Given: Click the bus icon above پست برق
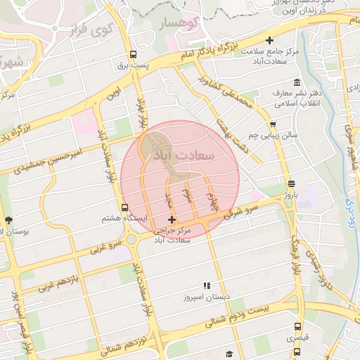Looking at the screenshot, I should click(132, 54).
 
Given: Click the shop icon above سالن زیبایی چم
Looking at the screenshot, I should click(272, 124).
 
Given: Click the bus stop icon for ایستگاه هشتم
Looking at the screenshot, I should click(124, 207).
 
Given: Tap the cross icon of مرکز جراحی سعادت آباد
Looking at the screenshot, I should click(172, 220).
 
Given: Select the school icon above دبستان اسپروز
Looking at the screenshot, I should click(207, 285).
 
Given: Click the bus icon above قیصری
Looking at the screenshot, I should click(297, 327).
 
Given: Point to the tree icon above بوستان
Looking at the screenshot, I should click(8, 220).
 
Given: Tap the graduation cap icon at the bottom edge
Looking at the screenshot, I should click(229, 354).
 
